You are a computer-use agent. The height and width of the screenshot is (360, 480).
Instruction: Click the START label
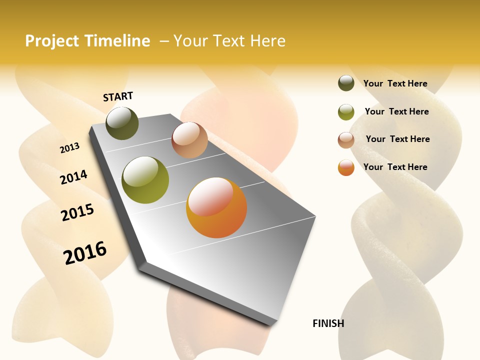pyautogui.click(x=118, y=96)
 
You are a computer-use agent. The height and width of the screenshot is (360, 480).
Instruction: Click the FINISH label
pyautogui.click(x=328, y=323)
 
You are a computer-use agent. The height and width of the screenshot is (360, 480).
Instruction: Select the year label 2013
pyautogui.click(x=69, y=147)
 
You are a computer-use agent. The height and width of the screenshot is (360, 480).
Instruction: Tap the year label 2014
pyautogui.click(x=73, y=177)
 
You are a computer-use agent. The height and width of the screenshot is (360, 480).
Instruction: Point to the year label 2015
pyautogui.click(x=77, y=212)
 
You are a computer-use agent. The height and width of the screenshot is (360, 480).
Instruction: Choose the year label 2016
pyautogui.click(x=85, y=252)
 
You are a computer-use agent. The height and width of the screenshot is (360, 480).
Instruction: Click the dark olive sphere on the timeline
pyautogui.click(x=122, y=123)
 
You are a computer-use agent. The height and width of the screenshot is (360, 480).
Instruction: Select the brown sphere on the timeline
pyautogui.click(x=189, y=140)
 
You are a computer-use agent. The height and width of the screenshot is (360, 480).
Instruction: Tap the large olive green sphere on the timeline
pyautogui.click(x=145, y=180)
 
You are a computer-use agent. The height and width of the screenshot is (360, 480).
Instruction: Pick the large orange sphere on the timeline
pyautogui.click(x=216, y=207)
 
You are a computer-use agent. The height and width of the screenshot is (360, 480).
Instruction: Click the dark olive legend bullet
pyautogui.click(x=346, y=83)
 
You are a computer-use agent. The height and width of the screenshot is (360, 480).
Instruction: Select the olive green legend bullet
pyautogui.click(x=346, y=112)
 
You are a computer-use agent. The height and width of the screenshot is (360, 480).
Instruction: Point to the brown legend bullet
pyautogui.click(x=346, y=140)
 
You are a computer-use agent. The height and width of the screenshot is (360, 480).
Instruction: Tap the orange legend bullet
pyautogui.click(x=346, y=168)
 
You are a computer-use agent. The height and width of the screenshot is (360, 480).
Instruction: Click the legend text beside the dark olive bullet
pyautogui.click(x=395, y=83)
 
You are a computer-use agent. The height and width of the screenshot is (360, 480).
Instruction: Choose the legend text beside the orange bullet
pyautogui.click(x=395, y=167)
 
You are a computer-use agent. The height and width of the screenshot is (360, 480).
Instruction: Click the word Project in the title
pyautogui.click(x=52, y=41)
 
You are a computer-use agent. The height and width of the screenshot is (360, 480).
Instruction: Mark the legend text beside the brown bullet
pyautogui.click(x=397, y=139)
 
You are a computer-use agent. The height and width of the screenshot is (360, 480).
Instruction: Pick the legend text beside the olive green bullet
pyautogui.click(x=396, y=111)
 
